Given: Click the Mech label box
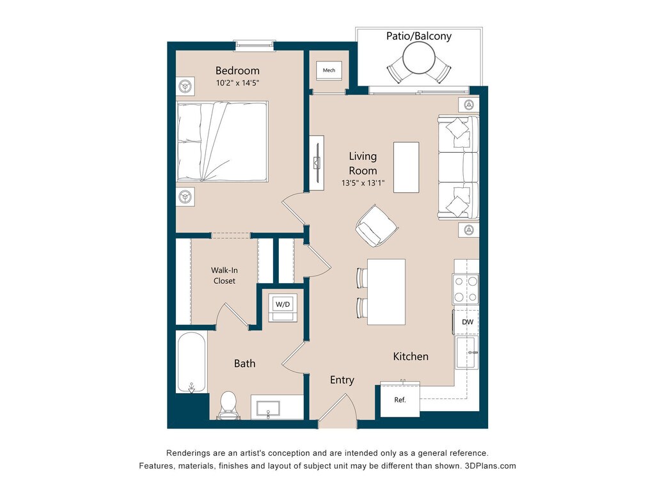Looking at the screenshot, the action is click(329, 70).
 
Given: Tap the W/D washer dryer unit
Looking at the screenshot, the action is click(282, 307).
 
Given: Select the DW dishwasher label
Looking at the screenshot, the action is click(468, 322).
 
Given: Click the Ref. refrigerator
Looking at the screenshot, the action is click(400, 400).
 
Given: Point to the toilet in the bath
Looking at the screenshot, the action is click(228, 405).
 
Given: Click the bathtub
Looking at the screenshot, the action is click(191, 362).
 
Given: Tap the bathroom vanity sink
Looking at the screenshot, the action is click(268, 409).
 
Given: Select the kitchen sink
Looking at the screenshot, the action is click(466, 353).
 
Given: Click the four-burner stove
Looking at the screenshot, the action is click(466, 289).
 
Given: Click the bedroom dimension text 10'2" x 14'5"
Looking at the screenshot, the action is click(237, 82).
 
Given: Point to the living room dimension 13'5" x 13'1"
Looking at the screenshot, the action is click(363, 183).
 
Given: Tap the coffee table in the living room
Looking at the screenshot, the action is click(406, 168).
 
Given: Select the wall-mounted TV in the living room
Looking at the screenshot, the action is click(317, 163).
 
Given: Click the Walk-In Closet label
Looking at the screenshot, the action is click(225, 276).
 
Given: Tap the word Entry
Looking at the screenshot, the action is click(342, 380).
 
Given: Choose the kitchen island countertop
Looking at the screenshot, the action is click(386, 292).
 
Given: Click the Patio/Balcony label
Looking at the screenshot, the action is click(419, 36).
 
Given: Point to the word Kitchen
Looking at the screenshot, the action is click(411, 356).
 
